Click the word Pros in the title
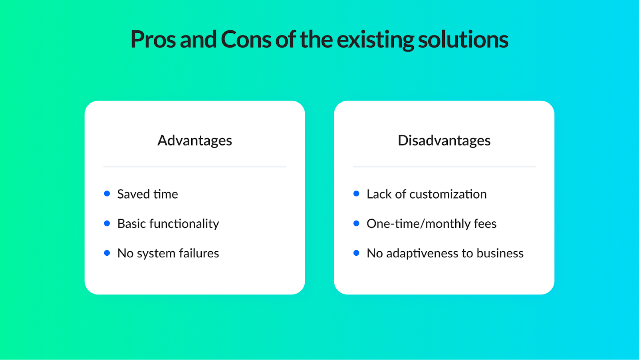click(153, 39)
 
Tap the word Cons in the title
click(246, 39)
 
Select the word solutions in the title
click(463, 39)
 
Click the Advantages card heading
click(195, 141)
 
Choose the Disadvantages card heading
click(444, 141)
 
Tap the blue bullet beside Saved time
click(107, 193)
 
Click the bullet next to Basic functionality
click(107, 223)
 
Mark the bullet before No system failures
click(107, 253)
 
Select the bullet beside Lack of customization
click(356, 193)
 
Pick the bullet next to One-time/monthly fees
click(356, 223)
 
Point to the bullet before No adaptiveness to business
click(356, 253)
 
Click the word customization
click(448, 194)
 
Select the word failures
click(199, 253)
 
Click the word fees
click(485, 223)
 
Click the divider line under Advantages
click(195, 167)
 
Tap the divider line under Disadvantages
click(444, 167)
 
